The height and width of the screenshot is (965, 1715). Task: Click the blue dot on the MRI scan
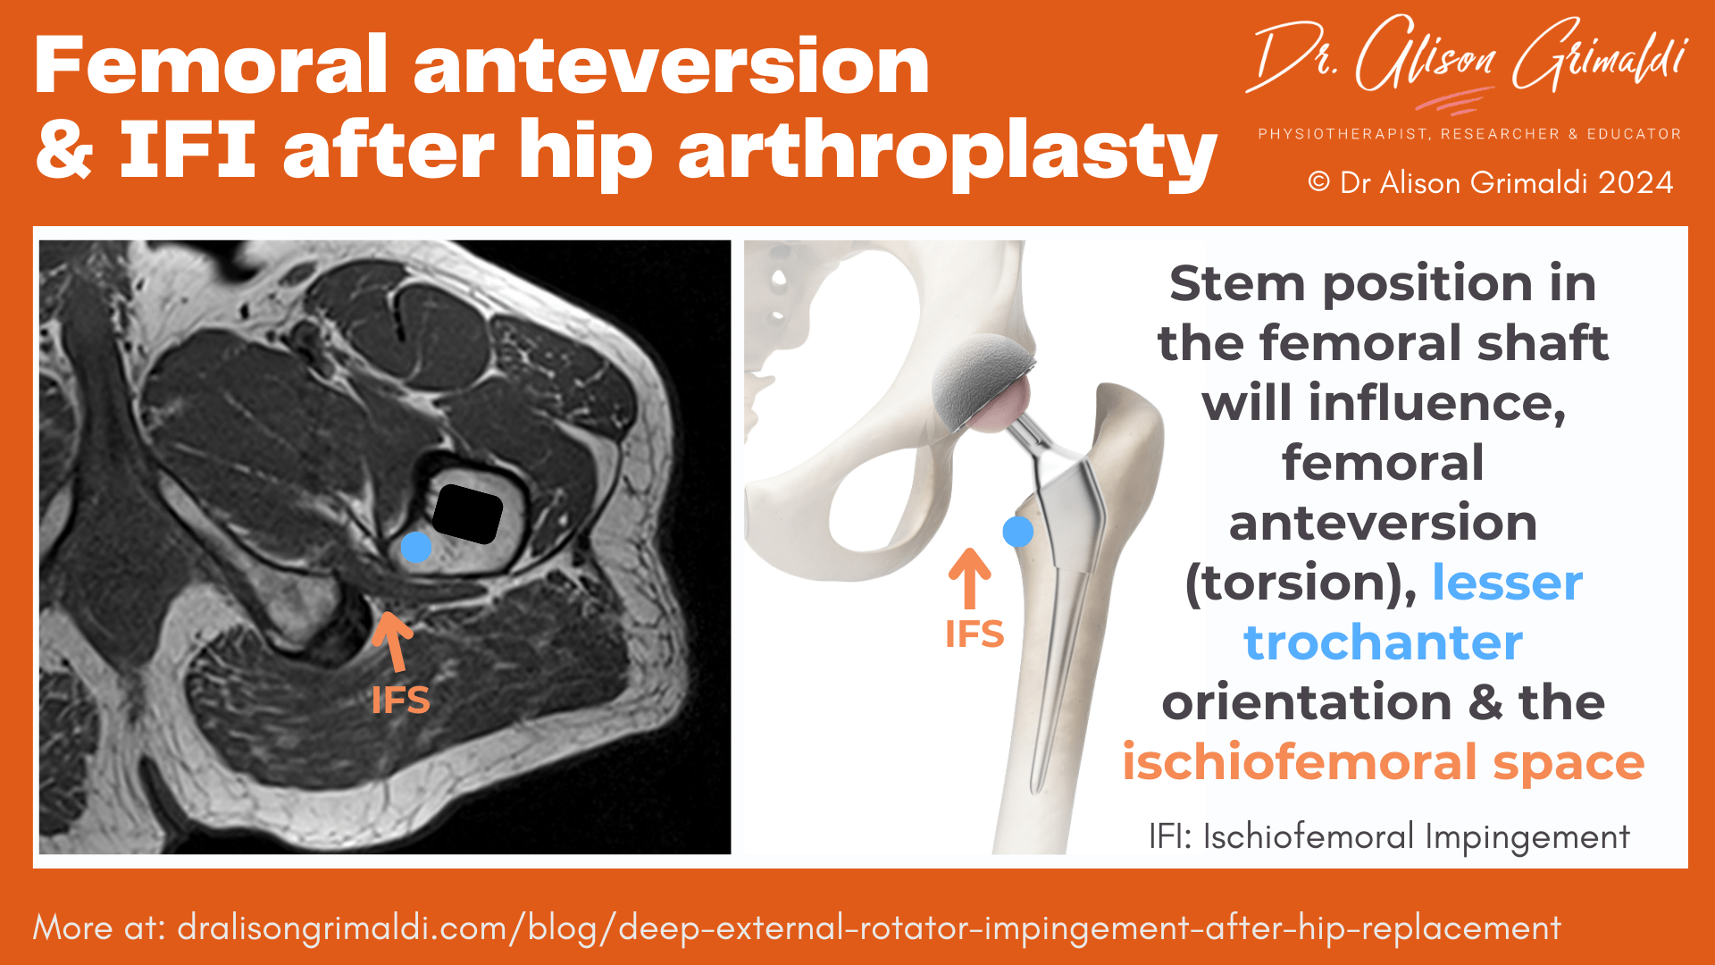tap(416, 547)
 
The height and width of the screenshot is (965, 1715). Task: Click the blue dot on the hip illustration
tap(1018, 532)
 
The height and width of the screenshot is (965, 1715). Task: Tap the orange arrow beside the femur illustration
tap(969, 578)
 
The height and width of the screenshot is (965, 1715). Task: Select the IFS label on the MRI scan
tap(400, 701)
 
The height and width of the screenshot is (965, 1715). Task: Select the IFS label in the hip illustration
tap(975, 634)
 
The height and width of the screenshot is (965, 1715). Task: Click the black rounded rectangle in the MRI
tap(467, 515)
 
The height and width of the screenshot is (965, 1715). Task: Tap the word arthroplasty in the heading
tap(947, 152)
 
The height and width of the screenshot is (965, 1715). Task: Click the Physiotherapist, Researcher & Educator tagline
tap(1469, 134)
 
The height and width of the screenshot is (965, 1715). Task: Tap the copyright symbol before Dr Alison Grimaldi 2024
tap(1318, 182)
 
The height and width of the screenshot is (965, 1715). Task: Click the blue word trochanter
tap(1383, 642)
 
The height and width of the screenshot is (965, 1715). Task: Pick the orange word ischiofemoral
tap(1300, 762)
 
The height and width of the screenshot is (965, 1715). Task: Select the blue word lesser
tap(1507, 583)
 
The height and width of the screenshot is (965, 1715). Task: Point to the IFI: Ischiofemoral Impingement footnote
tap(1389, 837)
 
